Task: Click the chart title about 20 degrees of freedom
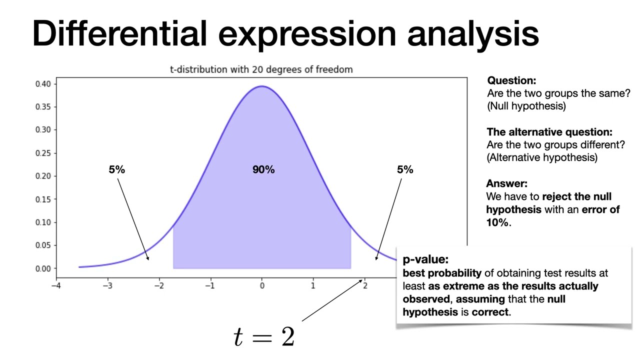pyautogui.click(x=261, y=69)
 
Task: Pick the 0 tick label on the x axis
pyautogui.click(x=261, y=286)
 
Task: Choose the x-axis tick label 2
pyautogui.click(x=365, y=286)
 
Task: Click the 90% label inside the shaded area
pyautogui.click(x=263, y=170)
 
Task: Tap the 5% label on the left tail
pyautogui.click(x=116, y=170)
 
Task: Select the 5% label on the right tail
pyautogui.click(x=405, y=170)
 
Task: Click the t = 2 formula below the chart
pyautogui.click(x=264, y=336)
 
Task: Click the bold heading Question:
pyautogui.click(x=511, y=80)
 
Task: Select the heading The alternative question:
pyautogui.click(x=549, y=132)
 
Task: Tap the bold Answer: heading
pyautogui.click(x=506, y=183)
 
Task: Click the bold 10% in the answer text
pyautogui.click(x=497, y=223)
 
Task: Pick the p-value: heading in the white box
pyautogui.click(x=425, y=260)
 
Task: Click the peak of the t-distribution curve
pyautogui.click(x=261, y=86)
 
